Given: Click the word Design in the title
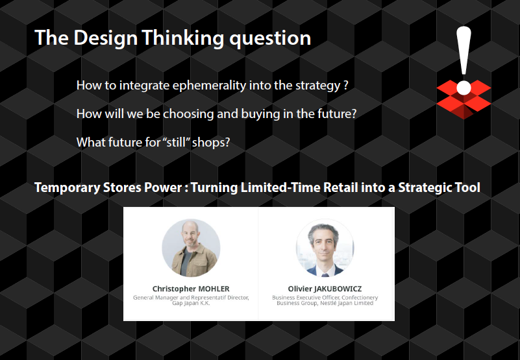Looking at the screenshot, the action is [105, 38].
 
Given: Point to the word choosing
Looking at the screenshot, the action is [188, 114].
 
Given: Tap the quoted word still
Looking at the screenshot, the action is [175, 142].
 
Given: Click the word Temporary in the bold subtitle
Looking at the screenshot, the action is [67, 188].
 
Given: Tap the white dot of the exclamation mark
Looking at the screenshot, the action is [464, 88].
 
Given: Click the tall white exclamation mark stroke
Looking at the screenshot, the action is [464, 51].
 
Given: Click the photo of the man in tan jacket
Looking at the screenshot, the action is [191, 248].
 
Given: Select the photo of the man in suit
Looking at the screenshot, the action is [325, 248].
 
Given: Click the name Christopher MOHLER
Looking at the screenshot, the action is [191, 289].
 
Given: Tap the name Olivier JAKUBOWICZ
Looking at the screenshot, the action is [325, 289].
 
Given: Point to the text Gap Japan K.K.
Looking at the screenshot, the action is [191, 303].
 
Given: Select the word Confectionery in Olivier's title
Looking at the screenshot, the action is [360, 298].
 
